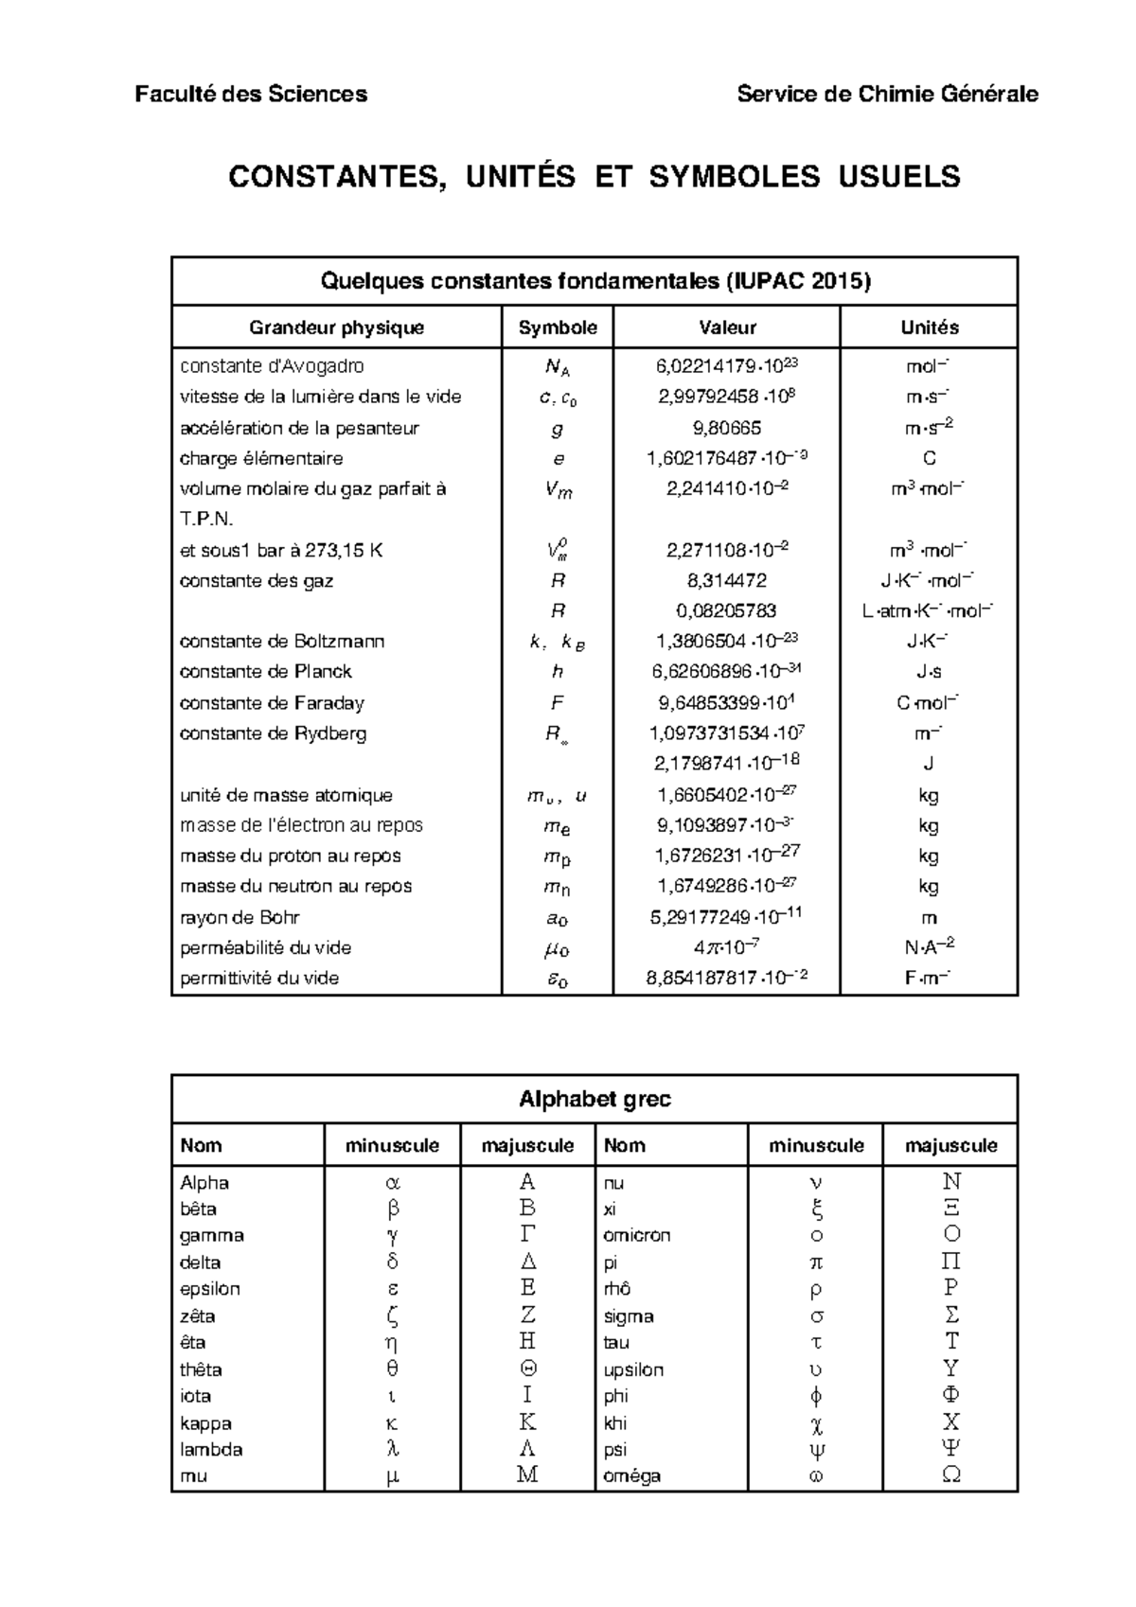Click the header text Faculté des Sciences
(251, 94)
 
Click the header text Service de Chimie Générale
(887, 94)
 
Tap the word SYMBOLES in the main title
(734, 177)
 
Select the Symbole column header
(558, 327)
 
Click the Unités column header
(929, 327)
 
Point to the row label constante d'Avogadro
(272, 366)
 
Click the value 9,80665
(726, 428)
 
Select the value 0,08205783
(726, 611)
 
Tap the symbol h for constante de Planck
(557, 672)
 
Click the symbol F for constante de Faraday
(557, 703)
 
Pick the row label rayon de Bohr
(240, 917)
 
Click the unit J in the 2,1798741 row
(929, 764)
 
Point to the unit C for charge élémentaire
(929, 459)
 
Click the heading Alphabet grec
(595, 1099)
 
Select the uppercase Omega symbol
(951, 1475)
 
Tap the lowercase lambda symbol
(392, 1449)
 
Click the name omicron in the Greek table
(636, 1235)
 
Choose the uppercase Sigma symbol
(951, 1316)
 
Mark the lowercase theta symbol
(392, 1369)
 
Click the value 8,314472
(726, 581)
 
